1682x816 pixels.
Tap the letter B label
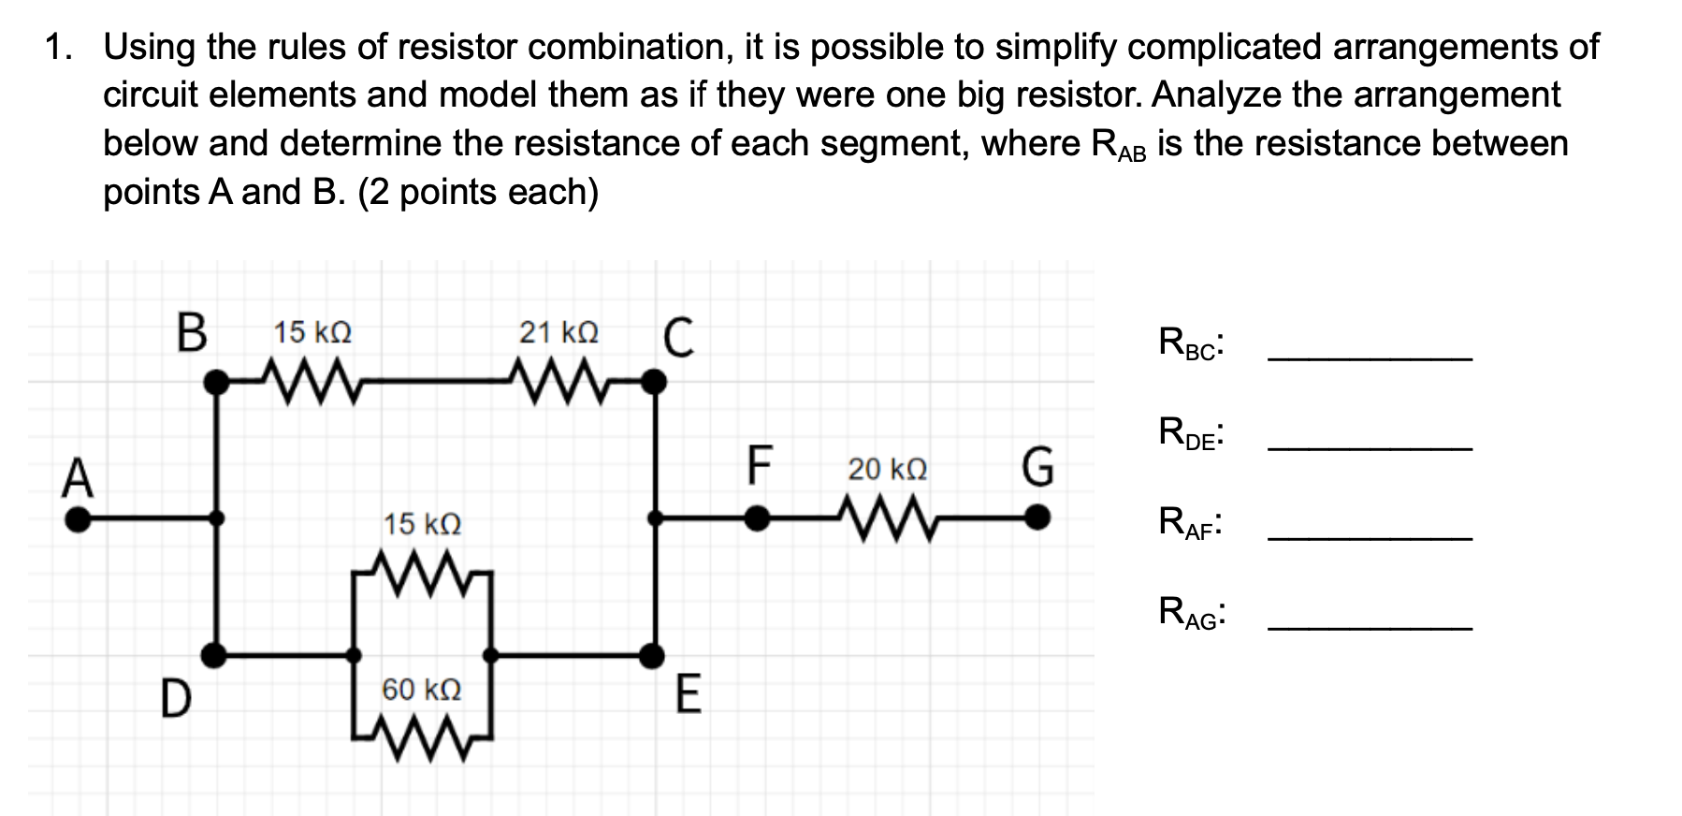(x=192, y=333)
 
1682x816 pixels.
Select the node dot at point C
(x=657, y=381)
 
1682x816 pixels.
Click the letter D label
(x=174, y=701)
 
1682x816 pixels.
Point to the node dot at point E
(x=653, y=655)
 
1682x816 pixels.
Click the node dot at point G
(x=1036, y=517)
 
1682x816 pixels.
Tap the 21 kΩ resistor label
(x=558, y=332)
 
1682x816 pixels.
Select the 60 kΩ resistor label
(x=421, y=691)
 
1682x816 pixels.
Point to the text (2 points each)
(x=478, y=192)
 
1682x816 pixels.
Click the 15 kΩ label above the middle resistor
(x=422, y=524)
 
